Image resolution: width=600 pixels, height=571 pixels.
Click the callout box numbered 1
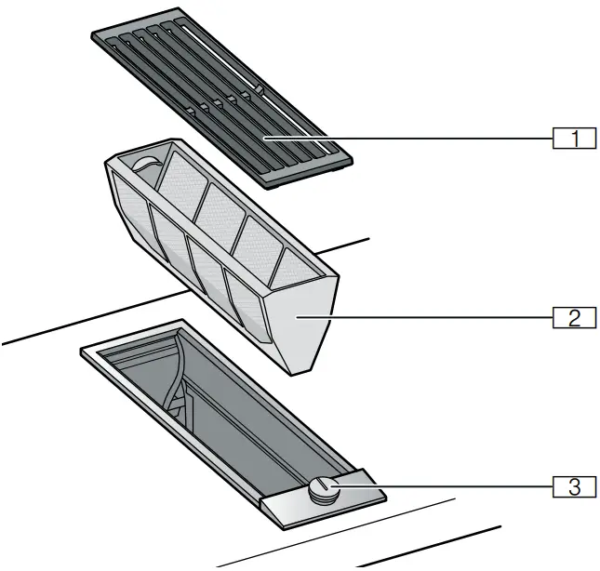pos(575,139)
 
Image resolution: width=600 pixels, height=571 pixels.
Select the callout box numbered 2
pos(575,318)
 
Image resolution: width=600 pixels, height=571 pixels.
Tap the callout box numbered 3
pos(575,485)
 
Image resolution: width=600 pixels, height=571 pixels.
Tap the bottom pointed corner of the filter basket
pos(300,374)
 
